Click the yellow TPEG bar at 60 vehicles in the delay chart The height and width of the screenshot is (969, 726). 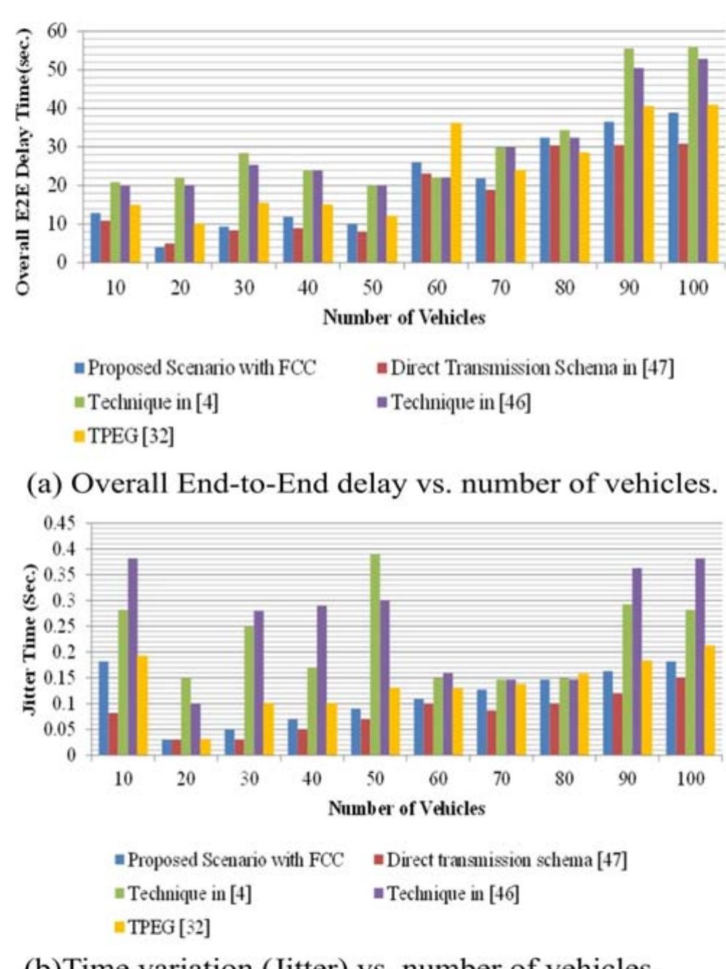coord(455,193)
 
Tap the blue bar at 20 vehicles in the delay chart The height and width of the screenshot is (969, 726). coord(159,255)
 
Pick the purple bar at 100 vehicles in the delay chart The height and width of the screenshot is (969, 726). coord(703,160)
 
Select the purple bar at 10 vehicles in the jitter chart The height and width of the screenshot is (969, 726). coord(133,657)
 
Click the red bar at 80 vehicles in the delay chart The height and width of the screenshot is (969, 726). coord(554,204)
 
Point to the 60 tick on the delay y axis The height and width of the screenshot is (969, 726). coord(57,31)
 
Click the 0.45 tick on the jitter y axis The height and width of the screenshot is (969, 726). coord(60,523)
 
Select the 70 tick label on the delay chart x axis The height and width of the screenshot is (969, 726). coord(500,288)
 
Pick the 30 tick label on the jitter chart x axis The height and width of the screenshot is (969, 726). coord(249,779)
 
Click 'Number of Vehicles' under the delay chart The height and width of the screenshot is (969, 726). coord(403,317)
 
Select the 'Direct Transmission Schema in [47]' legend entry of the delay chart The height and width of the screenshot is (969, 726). coord(525,368)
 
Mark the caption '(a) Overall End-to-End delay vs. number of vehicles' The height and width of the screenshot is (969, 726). coord(371,484)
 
